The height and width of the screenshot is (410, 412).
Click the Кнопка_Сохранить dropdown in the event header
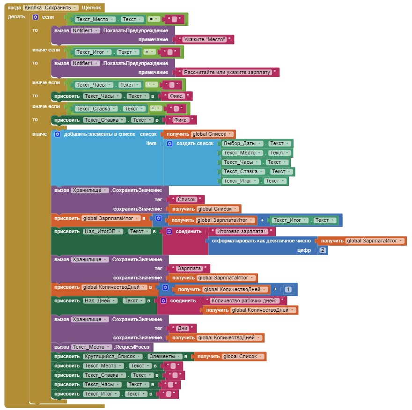click(x=58, y=8)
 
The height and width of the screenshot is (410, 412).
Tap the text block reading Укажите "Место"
click(x=204, y=40)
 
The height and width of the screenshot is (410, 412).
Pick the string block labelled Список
click(x=187, y=199)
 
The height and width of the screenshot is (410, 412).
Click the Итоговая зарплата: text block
click(x=242, y=231)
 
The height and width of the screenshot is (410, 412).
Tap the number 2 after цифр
click(x=323, y=250)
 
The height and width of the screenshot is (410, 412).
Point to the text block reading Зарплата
click(x=190, y=268)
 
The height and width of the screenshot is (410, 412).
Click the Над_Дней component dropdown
click(x=101, y=300)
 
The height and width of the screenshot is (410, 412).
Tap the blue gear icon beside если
click(x=36, y=17)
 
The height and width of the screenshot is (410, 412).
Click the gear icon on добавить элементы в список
click(x=57, y=134)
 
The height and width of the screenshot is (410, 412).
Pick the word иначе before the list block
click(x=39, y=134)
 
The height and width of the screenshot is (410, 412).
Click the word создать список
click(x=195, y=143)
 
